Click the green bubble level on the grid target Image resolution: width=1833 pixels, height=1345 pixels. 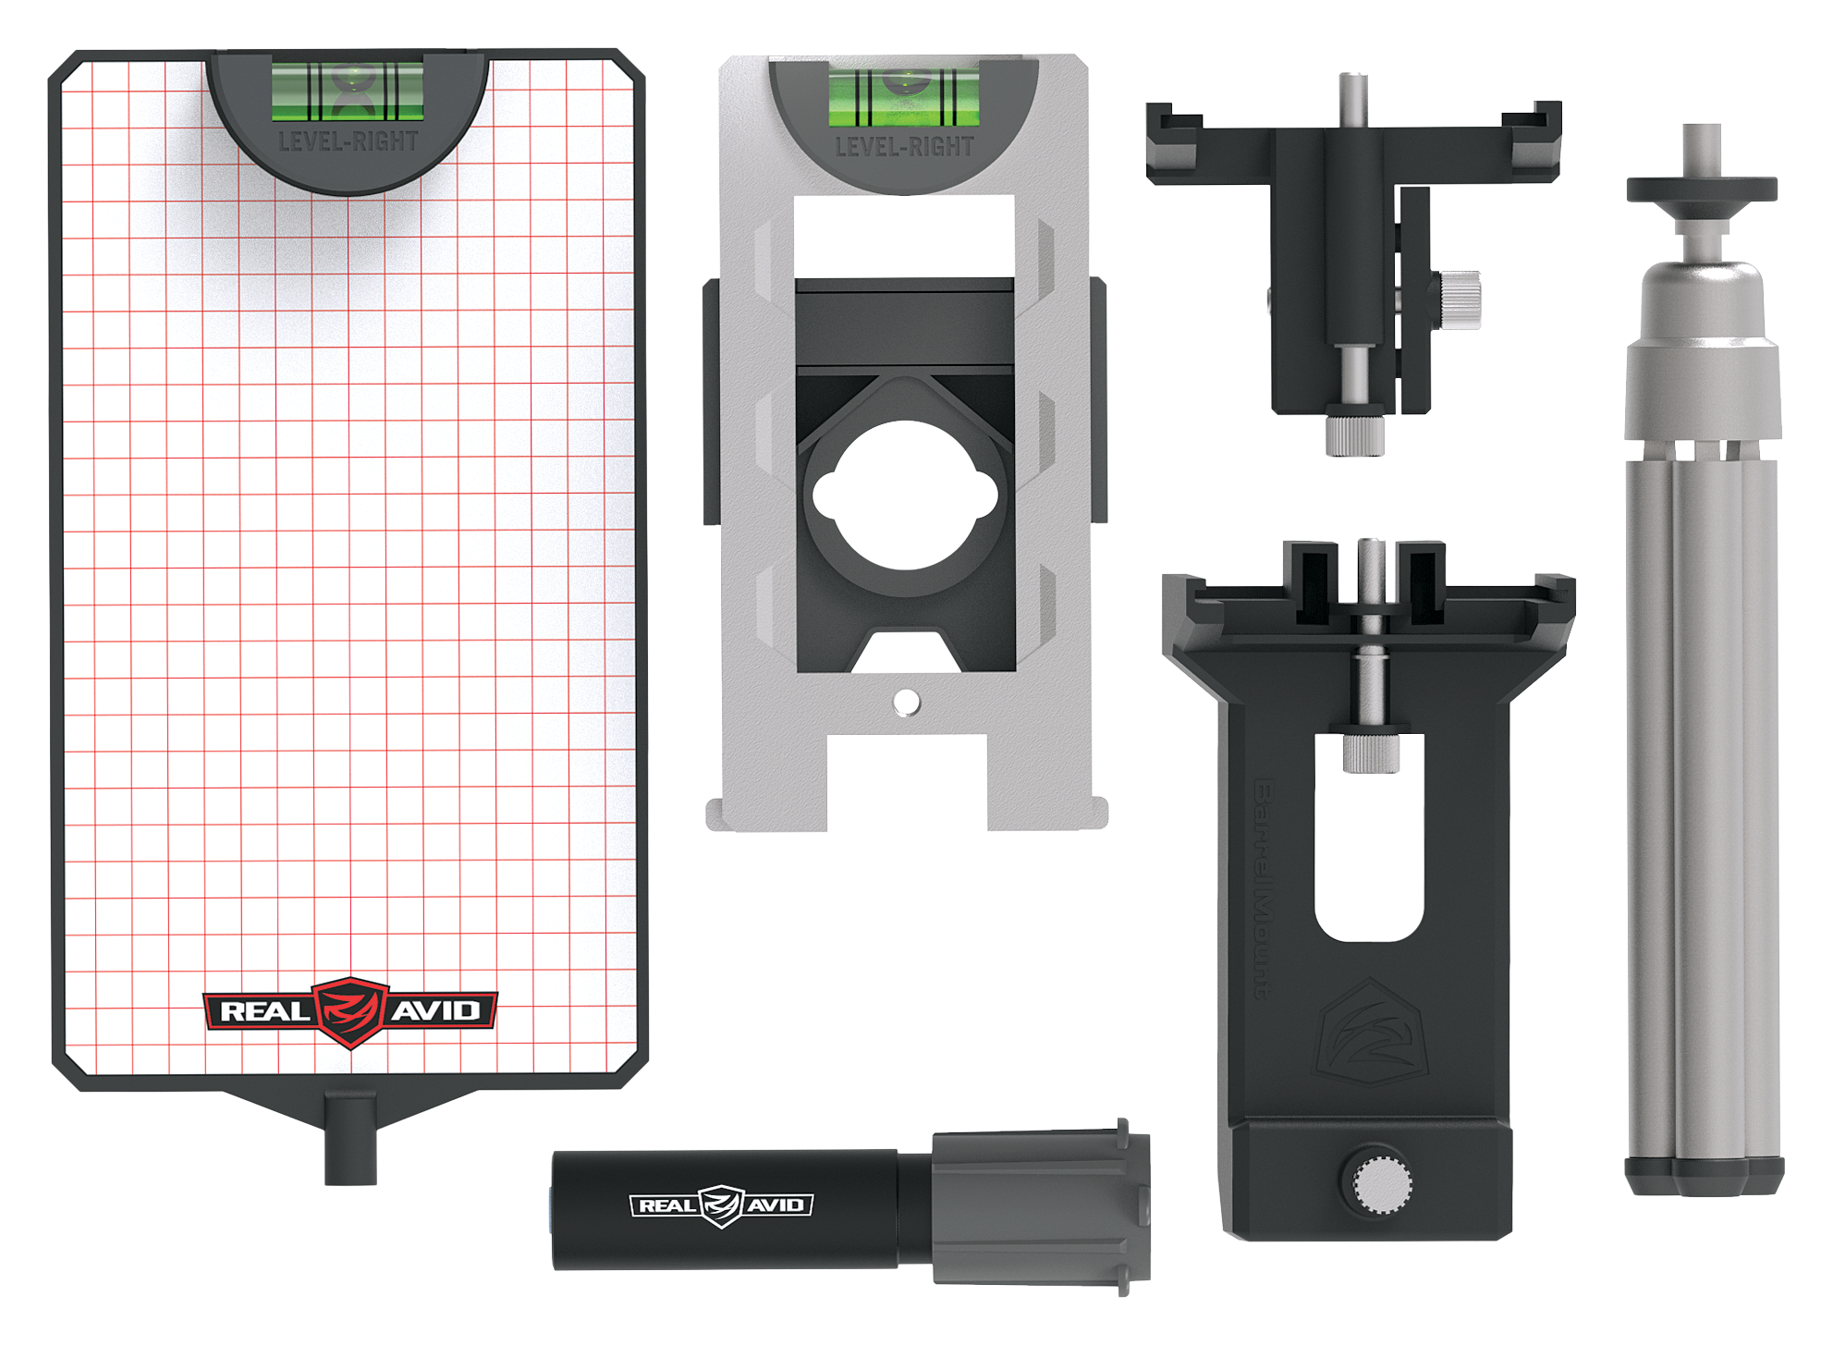coord(348,91)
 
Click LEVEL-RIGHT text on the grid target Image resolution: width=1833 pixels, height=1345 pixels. coord(348,141)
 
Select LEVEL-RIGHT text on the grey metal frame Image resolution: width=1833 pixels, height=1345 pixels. coord(904,147)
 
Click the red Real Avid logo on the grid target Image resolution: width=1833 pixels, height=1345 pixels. coord(349,1011)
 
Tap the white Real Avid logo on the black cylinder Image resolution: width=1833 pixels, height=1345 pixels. coord(721,1205)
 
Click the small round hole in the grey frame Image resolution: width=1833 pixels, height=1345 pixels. coord(906,703)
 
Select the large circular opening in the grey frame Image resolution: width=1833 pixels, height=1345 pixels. coord(904,495)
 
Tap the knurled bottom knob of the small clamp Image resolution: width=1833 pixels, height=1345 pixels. coord(1354,434)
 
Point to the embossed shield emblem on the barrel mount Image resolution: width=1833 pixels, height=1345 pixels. coord(1372,1033)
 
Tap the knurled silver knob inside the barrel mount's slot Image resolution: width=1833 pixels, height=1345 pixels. coord(1370,752)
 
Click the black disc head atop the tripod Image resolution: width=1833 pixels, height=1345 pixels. coord(1701,190)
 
